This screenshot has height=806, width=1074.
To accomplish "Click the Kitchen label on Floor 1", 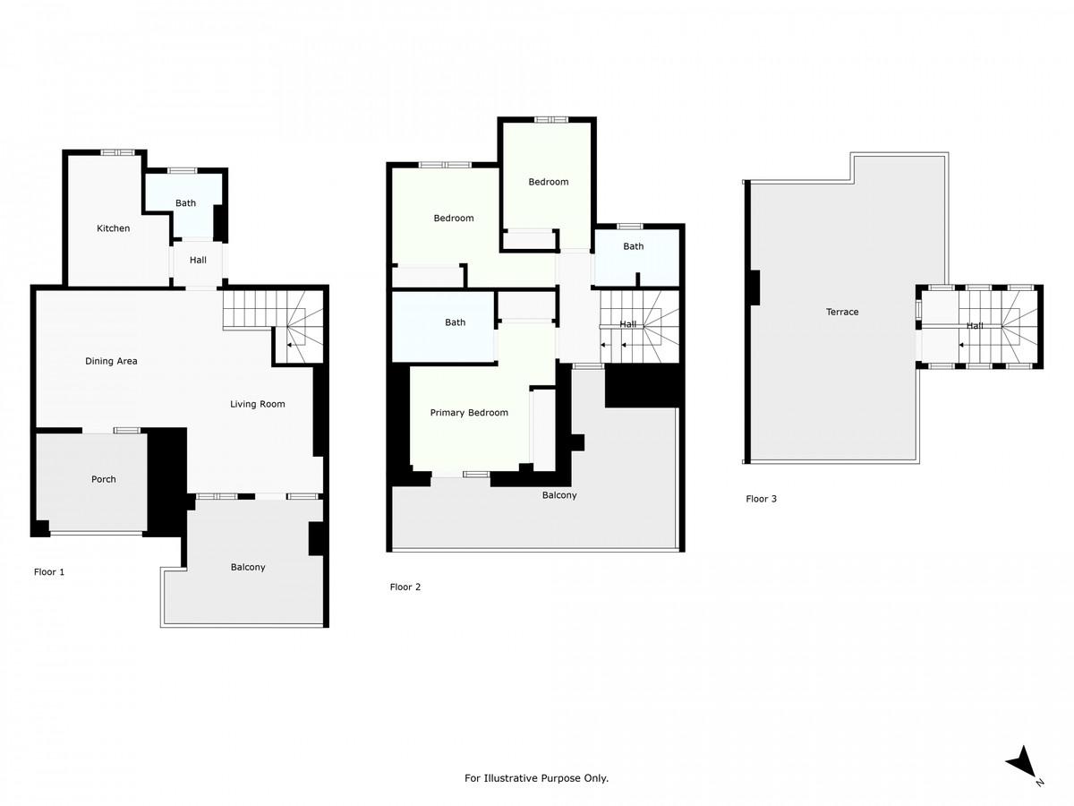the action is point(113,228).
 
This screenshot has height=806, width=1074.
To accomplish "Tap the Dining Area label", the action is point(111,361).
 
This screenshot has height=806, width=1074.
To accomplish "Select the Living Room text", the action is point(258,404).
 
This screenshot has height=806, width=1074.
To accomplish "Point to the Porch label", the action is point(104,479).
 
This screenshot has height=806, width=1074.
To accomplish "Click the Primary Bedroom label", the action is point(469,413).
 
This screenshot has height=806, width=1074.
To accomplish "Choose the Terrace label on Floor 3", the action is point(842,312).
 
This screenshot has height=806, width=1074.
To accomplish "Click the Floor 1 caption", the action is point(49,571).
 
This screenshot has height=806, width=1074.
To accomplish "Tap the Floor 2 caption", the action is point(405,587).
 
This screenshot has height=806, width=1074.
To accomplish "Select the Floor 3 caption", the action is point(761,499).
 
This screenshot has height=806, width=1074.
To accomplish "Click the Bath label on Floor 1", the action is point(185,203).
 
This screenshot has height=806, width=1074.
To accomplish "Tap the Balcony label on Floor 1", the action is point(248,567).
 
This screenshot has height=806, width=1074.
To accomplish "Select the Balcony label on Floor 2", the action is point(559,495).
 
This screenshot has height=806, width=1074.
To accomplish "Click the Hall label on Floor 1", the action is point(198,261).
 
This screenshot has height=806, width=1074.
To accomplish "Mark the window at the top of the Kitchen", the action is point(117,152).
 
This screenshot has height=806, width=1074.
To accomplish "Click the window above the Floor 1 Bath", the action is point(182,171).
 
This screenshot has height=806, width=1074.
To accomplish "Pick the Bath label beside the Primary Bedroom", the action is point(455,322).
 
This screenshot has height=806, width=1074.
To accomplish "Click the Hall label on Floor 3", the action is point(975,325).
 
